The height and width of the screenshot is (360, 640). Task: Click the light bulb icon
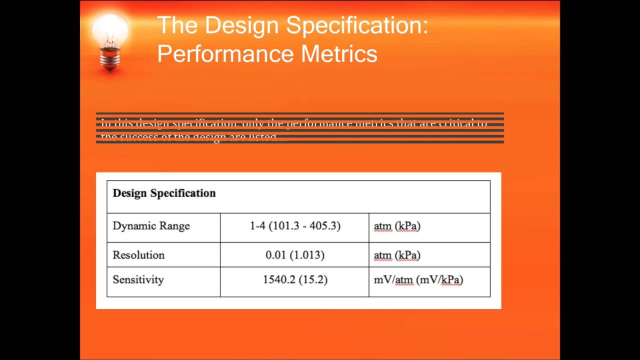tap(110, 37)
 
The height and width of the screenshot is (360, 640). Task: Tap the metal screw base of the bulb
tap(110, 59)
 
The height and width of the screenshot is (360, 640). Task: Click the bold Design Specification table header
tap(164, 193)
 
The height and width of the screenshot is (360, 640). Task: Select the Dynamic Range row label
tap(151, 226)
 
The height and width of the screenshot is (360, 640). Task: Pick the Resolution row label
tap(138, 255)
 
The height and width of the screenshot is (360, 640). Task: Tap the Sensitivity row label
tap(138, 279)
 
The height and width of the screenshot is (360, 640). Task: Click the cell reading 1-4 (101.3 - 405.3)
tap(295, 226)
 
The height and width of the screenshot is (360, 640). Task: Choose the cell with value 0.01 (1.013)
tap(295, 255)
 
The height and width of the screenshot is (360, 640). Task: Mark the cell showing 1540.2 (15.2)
tap(295, 279)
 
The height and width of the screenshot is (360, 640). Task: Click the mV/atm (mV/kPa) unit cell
tap(418, 279)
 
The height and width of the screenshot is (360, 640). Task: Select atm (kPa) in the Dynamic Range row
tap(397, 226)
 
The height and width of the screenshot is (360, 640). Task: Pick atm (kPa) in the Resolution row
tap(397, 255)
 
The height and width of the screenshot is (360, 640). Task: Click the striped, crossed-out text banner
tap(299, 128)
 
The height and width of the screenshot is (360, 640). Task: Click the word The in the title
tap(177, 25)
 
